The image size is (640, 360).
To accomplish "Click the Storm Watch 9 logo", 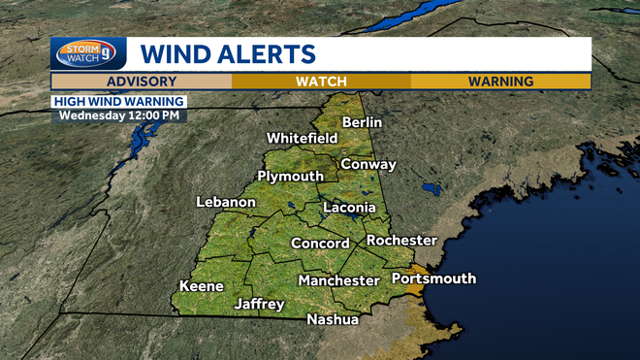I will (x=88, y=52).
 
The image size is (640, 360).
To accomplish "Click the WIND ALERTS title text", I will (x=228, y=52).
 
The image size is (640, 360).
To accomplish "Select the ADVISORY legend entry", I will (x=142, y=82).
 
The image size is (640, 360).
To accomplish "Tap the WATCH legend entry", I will (x=321, y=82).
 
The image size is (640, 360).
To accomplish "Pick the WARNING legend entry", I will (x=500, y=82).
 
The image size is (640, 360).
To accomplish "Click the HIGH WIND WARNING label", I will (x=118, y=100).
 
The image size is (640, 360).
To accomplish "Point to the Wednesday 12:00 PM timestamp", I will (x=118, y=115).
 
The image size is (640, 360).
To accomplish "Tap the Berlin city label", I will (x=362, y=122).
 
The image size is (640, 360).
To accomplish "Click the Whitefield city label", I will (x=302, y=138).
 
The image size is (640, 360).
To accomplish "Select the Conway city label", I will (x=368, y=164).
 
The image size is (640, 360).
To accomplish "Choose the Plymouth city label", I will (x=290, y=176).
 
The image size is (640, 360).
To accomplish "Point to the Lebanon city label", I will (x=226, y=202).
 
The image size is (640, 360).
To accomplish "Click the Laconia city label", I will (x=348, y=208).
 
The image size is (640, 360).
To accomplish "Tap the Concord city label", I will (x=320, y=244).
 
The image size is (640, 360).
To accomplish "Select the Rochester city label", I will (x=401, y=240).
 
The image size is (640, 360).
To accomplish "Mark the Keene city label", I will (x=202, y=286).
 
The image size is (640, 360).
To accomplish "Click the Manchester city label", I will (x=338, y=280).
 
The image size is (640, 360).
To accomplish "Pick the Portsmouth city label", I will (x=433, y=278).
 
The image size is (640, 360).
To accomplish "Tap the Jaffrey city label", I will (x=259, y=304).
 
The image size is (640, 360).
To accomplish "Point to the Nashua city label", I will (x=333, y=319).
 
